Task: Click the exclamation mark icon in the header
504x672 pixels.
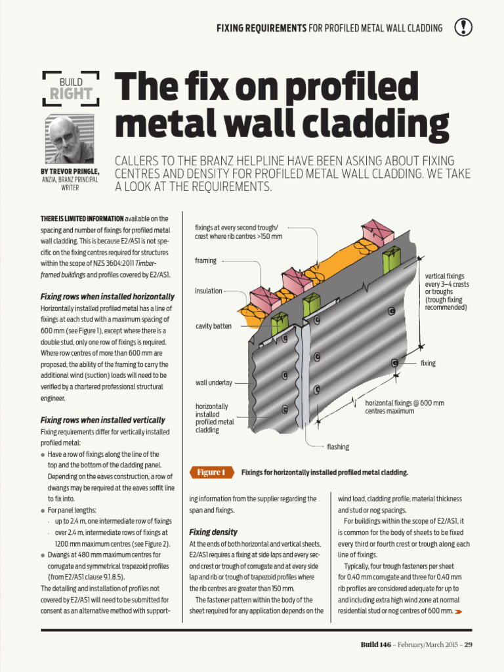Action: pos(463,27)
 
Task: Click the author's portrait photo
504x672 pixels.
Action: pos(69,139)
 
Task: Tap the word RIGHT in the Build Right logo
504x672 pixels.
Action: pos(71,94)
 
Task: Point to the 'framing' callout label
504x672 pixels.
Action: pos(205,261)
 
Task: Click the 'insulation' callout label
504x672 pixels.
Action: pos(208,291)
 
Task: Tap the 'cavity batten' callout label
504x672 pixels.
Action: pos(213,326)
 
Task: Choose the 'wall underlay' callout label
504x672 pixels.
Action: pos(213,383)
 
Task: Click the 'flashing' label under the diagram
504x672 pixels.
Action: pos(338,447)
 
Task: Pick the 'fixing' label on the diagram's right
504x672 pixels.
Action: pos(428,363)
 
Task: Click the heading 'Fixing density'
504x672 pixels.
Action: pos(213,532)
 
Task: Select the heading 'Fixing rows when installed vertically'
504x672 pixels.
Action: pos(103,420)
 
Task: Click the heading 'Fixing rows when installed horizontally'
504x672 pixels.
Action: pos(108,297)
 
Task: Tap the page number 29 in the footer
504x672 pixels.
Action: pos(468,644)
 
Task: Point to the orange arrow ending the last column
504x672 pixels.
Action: pos(458,612)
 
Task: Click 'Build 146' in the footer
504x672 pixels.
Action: pos(375,644)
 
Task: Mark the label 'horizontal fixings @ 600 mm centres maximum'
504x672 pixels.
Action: pos(404,407)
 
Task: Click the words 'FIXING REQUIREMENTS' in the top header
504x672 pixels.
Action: pos(261,28)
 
